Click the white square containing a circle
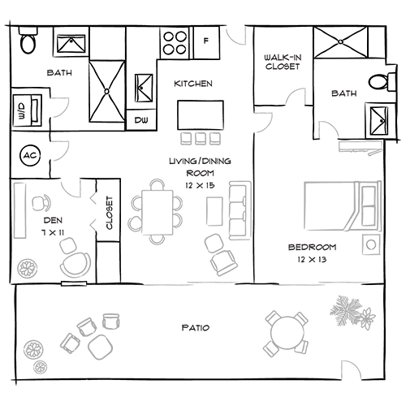369,244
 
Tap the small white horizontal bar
73,284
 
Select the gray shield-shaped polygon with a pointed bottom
237,41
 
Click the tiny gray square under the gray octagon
300,110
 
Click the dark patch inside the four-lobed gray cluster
54,226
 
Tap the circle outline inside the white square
369,244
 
